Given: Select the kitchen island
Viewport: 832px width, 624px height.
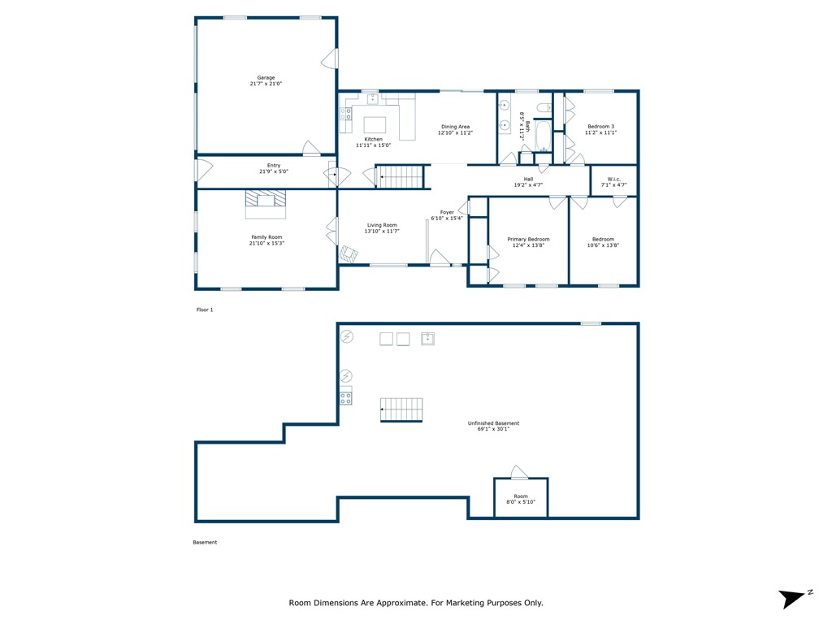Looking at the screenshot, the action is pos(375,124).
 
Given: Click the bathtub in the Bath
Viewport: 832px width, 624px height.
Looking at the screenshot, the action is pos(543,136).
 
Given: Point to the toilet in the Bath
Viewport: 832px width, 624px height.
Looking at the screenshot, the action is pos(544,108).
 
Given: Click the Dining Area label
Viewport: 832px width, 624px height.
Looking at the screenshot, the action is pos(455,127).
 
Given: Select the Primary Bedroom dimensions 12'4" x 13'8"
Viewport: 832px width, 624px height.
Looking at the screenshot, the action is pos(528,245).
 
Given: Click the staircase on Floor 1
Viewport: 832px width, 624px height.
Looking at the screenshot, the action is pos(400,176).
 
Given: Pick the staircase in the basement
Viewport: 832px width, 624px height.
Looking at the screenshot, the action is pos(401,409).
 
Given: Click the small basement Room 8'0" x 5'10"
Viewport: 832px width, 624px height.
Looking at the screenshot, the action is pos(521,498).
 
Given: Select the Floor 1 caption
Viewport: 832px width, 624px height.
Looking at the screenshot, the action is pos(205,310).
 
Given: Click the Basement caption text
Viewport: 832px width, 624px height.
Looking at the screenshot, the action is pos(205,542).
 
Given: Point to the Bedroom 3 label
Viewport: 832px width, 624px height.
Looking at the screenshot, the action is pos(600,126).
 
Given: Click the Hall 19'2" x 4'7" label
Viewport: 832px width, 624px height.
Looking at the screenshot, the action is pos(528,182).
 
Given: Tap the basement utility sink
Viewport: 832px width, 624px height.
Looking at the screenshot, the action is pos(427,339).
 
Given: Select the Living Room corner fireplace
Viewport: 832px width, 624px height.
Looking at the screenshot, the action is pos(349,254).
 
